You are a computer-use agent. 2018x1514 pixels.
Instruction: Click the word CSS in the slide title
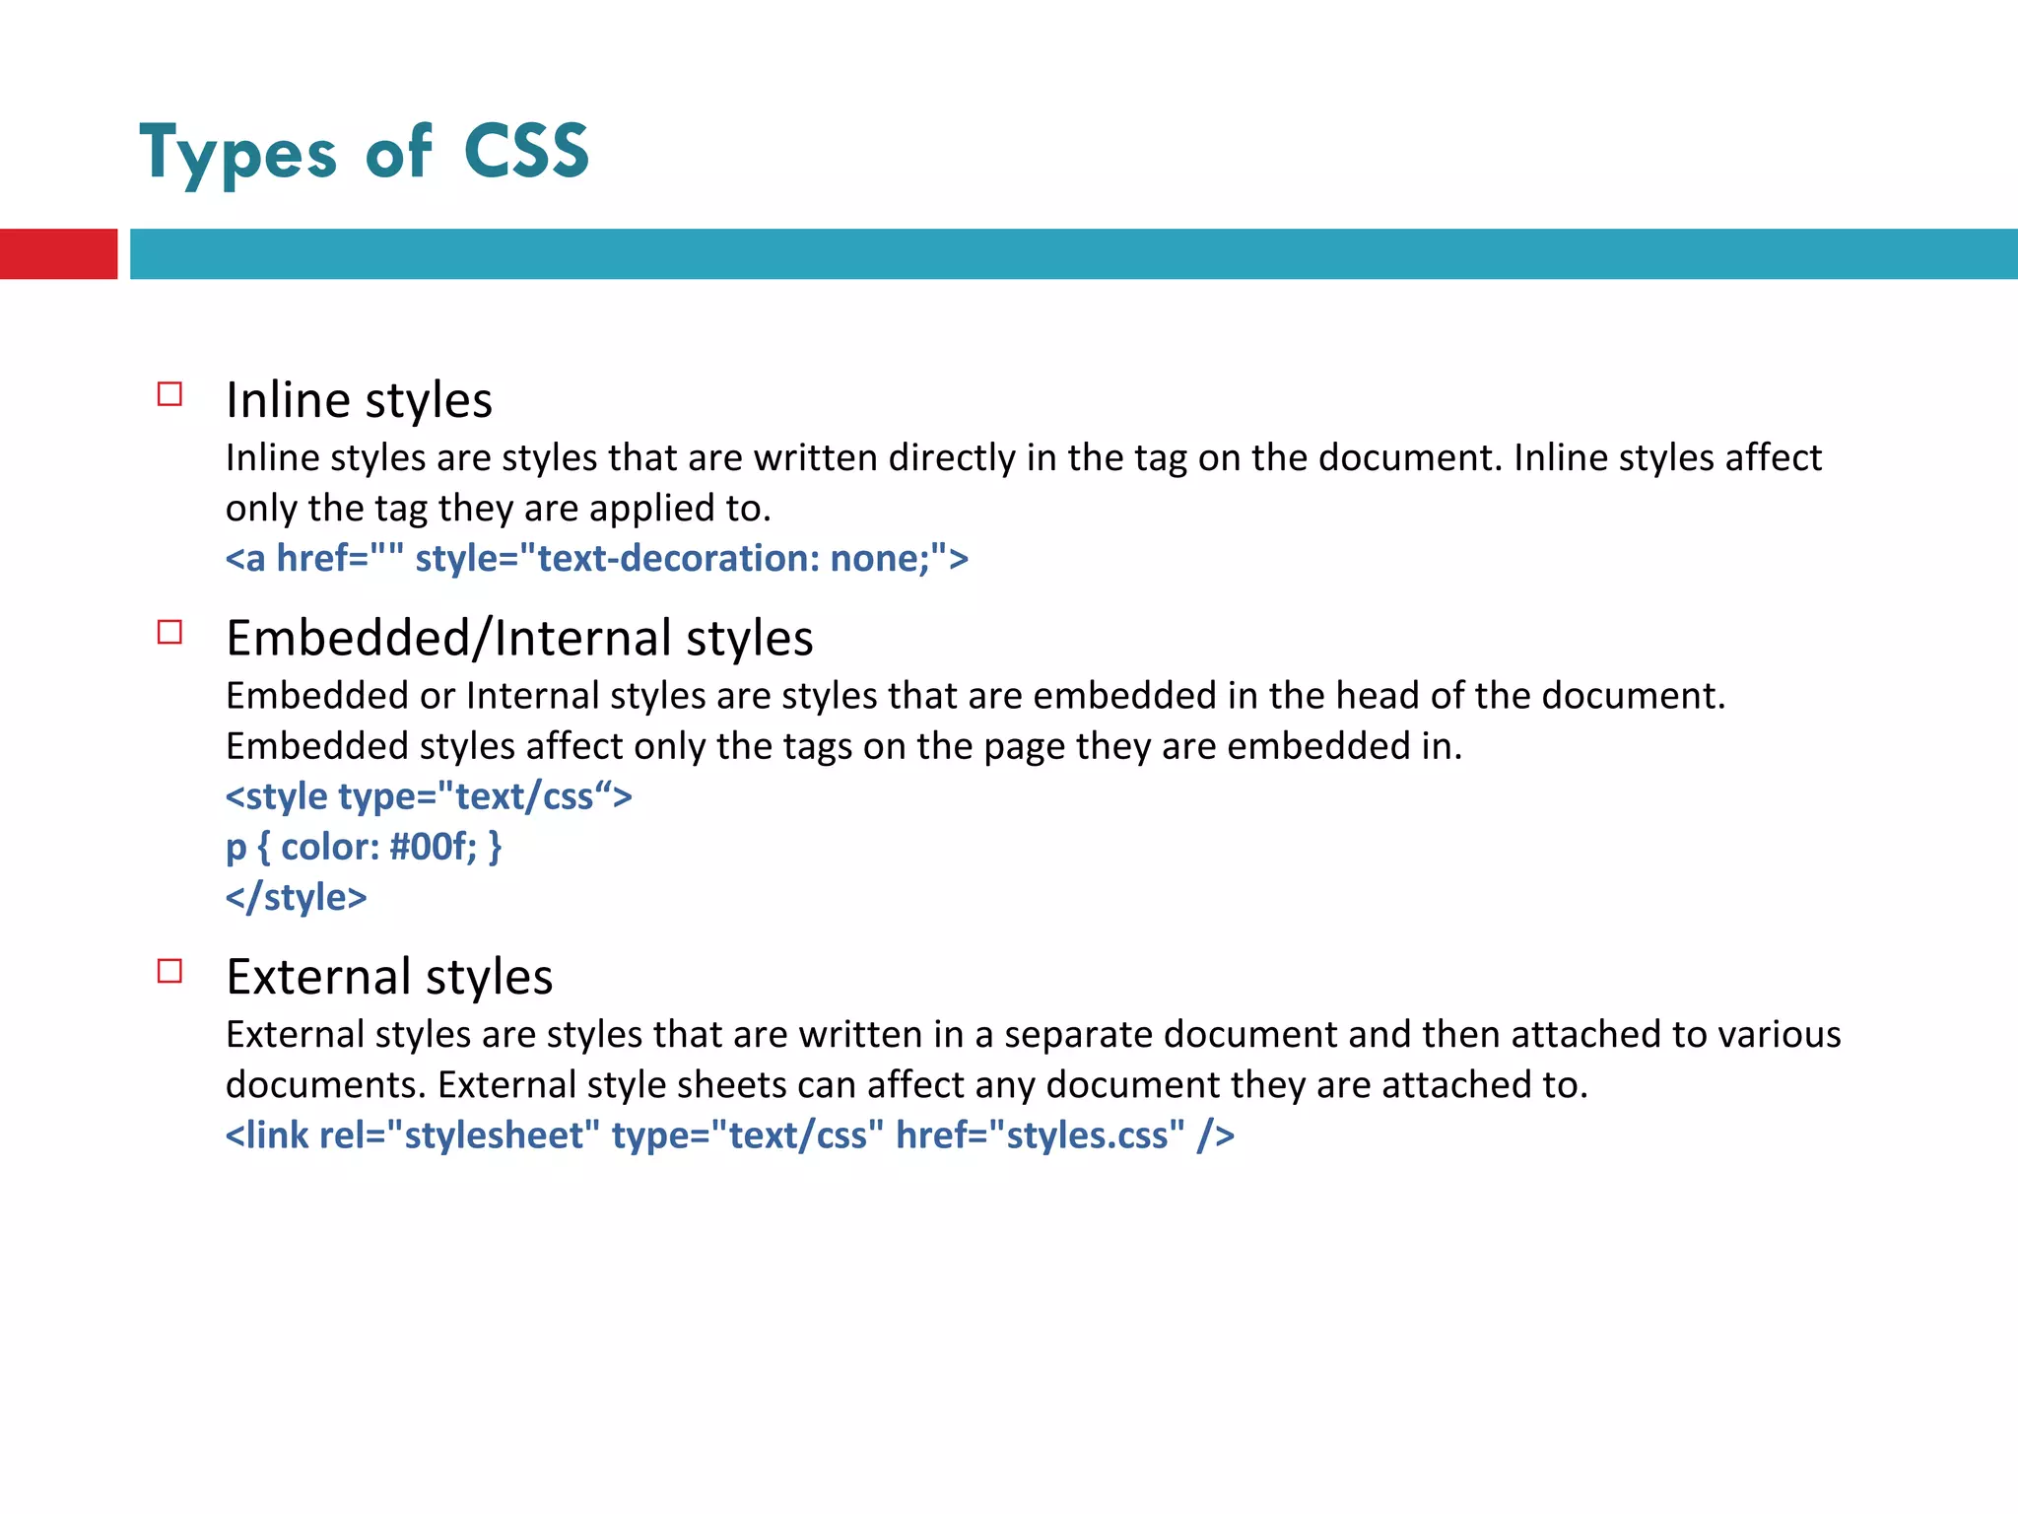pyautogui.click(x=526, y=152)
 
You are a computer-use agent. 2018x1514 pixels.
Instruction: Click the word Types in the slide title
pyautogui.click(x=238, y=154)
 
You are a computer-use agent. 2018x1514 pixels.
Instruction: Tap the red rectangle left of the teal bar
pyautogui.click(x=58, y=253)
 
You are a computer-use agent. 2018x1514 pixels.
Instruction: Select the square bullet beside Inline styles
pyautogui.click(x=170, y=394)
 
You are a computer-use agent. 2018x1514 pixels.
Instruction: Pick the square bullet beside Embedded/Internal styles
pyautogui.click(x=170, y=632)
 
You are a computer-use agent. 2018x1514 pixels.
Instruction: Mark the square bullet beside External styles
pyautogui.click(x=170, y=971)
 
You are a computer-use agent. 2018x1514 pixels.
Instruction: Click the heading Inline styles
pyautogui.click(x=359, y=400)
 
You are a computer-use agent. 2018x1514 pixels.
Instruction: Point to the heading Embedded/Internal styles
pyautogui.click(x=519, y=638)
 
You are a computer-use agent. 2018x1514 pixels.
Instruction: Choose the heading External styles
pyautogui.click(x=389, y=977)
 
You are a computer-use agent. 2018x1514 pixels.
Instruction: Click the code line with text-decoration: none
pyautogui.click(x=596, y=559)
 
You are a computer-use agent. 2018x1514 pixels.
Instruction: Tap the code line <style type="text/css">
pyautogui.click(x=429, y=796)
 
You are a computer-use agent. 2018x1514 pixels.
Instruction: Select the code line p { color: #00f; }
pyautogui.click(x=364, y=847)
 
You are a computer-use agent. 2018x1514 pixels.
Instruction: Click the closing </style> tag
pyautogui.click(x=296, y=897)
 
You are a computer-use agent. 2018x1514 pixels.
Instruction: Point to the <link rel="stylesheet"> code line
pyautogui.click(x=729, y=1135)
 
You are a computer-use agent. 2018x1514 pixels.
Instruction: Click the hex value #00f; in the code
pyautogui.click(x=433, y=847)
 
